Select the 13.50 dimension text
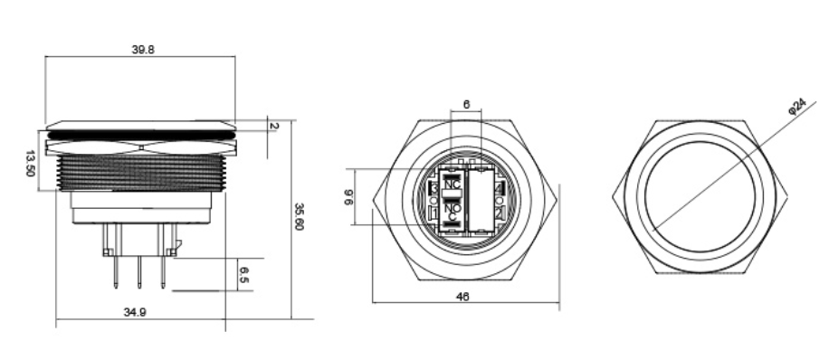click(x=32, y=165)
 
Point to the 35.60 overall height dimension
click(x=300, y=217)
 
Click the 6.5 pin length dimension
click(x=243, y=274)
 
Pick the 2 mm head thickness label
click(x=274, y=125)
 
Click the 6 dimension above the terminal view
click(x=465, y=105)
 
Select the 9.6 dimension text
click(x=350, y=196)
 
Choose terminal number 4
click(x=500, y=186)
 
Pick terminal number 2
click(x=500, y=213)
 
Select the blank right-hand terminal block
click(x=479, y=198)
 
